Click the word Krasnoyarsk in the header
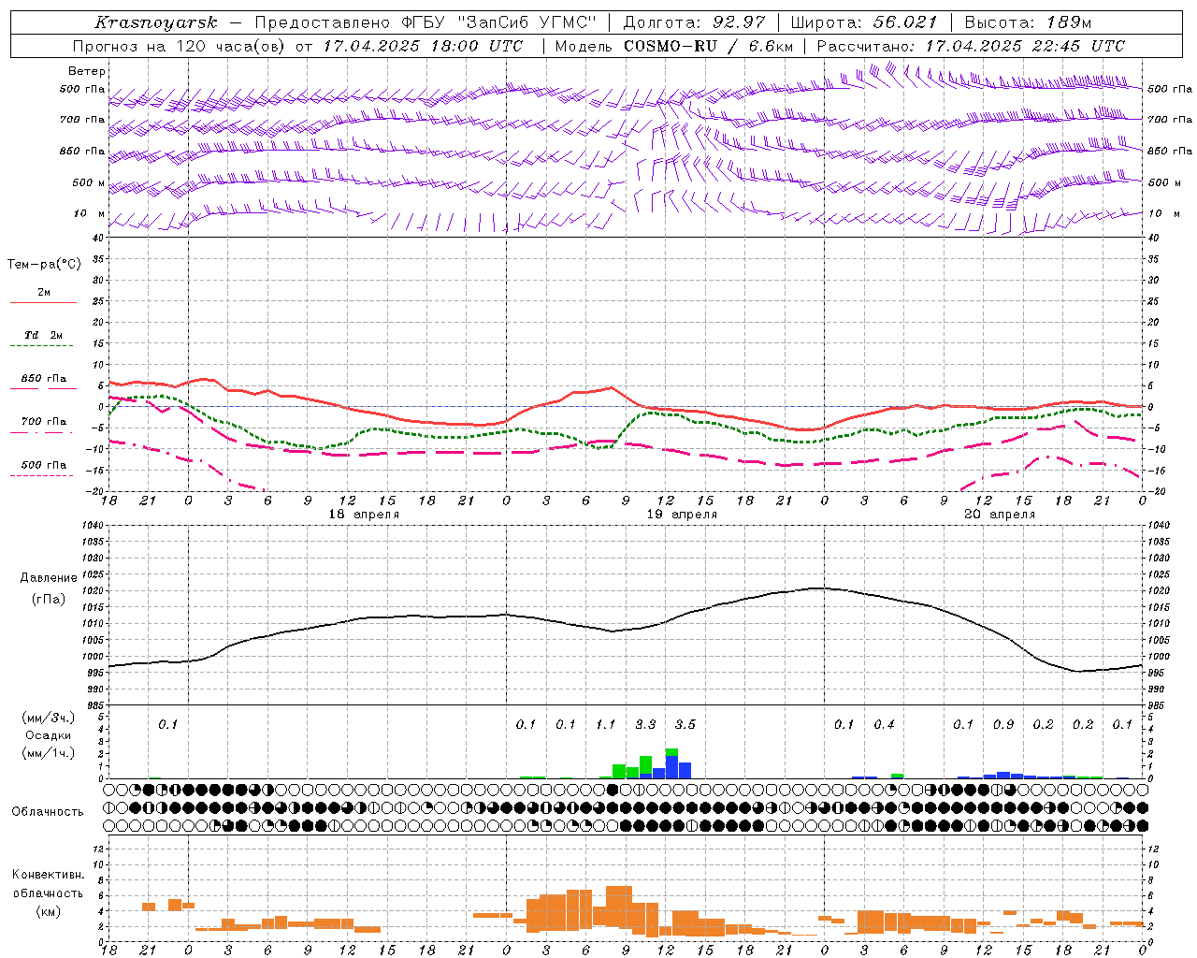155,22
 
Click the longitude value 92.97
739,22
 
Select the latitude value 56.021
904,22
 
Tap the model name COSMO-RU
664,46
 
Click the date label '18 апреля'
364,515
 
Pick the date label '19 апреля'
683,515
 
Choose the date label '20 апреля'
1000,515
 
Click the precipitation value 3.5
685,724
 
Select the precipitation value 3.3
645,724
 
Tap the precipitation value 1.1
605,724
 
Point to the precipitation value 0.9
1003,724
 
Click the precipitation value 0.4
884,724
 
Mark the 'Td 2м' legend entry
43,335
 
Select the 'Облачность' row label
48,811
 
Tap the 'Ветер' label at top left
87,71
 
